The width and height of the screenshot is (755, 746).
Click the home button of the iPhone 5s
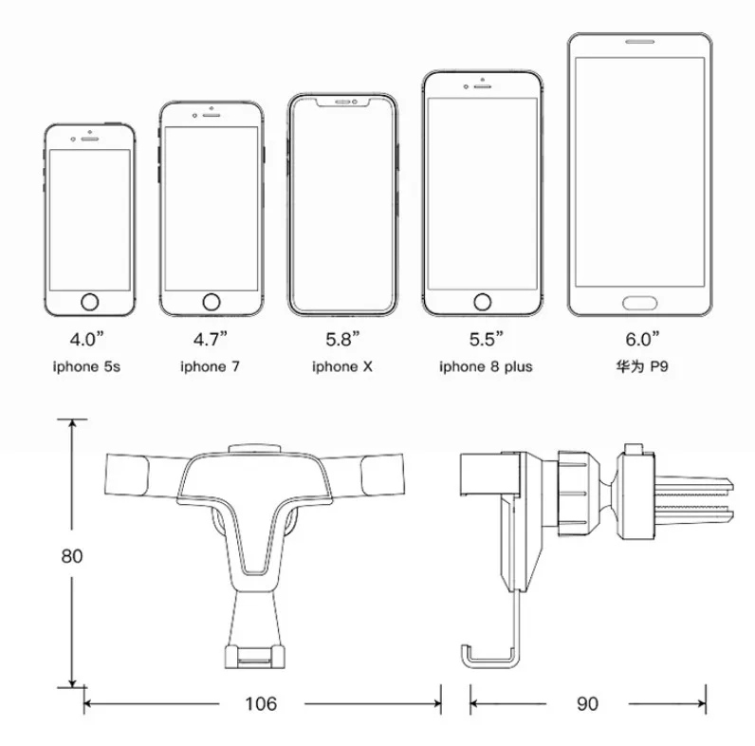[89, 302]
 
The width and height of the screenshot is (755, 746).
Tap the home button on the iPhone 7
[212, 302]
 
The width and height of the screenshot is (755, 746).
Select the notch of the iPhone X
[342, 103]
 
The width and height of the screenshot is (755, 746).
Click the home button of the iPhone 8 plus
[483, 302]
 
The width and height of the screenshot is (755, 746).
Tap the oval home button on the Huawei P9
[639, 303]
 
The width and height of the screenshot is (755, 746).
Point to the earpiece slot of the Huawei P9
[639, 42]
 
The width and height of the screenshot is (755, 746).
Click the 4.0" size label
[86, 339]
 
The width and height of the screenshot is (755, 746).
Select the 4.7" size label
[210, 339]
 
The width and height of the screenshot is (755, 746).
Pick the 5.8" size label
[342, 339]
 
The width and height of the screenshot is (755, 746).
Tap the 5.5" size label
[486, 339]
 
